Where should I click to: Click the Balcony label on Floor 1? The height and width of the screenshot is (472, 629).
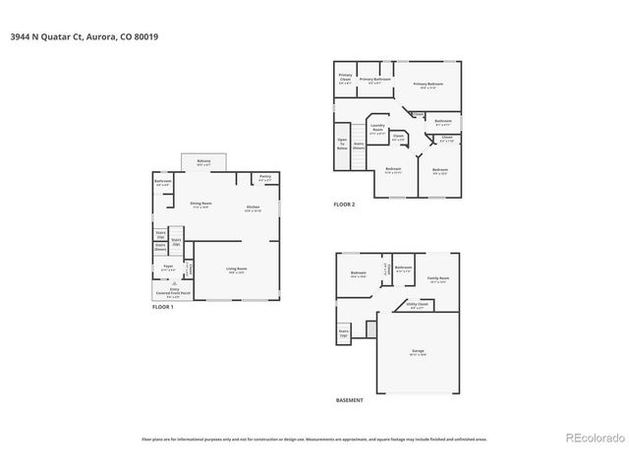(x=203, y=162)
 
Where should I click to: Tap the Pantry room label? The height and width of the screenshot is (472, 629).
(x=264, y=178)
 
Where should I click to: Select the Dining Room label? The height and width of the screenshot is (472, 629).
(x=201, y=205)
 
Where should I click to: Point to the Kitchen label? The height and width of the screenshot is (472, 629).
(x=253, y=207)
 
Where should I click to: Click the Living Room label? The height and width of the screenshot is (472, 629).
(x=237, y=269)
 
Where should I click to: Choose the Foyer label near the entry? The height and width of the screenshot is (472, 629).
(x=168, y=266)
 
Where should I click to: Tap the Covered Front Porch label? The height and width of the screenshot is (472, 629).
(x=173, y=291)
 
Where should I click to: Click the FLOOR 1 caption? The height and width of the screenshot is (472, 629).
(x=162, y=308)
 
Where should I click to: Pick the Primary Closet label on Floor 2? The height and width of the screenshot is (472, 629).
(x=346, y=78)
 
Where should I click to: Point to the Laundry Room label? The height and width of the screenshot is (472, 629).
(x=376, y=128)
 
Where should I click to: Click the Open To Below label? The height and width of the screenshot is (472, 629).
(x=342, y=144)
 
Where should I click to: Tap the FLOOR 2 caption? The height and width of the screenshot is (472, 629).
(x=344, y=204)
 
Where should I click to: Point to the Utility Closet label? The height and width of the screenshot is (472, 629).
(x=417, y=306)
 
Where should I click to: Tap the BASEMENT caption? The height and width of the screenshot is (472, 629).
(x=349, y=400)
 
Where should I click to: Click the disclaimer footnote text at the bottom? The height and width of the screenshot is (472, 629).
(x=314, y=440)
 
